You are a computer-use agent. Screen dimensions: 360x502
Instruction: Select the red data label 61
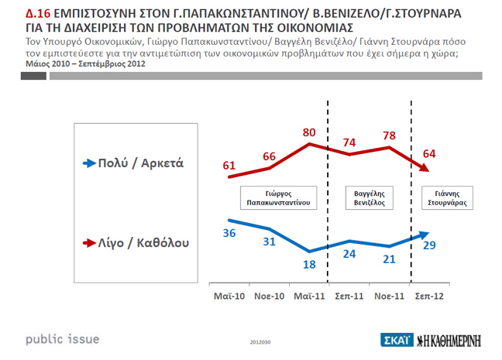[229, 166]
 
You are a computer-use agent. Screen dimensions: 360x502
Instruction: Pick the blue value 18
[308, 265]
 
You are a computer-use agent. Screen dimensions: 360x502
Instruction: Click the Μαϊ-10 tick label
[229, 296]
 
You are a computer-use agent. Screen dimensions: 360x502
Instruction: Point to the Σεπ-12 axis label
[430, 296]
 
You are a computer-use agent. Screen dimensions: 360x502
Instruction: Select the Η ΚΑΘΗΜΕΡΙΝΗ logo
[456, 340]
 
